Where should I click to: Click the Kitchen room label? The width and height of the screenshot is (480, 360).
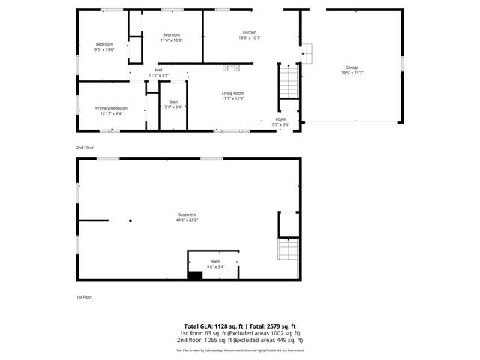(249, 32)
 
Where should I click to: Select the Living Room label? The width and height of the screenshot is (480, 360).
(232, 93)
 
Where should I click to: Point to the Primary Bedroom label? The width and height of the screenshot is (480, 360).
(111, 108)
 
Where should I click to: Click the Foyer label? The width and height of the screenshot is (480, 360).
(280, 119)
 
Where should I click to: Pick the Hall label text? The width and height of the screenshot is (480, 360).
(158, 70)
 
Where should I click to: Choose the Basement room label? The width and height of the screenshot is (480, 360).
(187, 214)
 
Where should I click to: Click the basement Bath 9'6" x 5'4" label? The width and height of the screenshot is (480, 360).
(216, 262)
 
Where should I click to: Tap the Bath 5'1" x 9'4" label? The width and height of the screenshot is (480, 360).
(173, 101)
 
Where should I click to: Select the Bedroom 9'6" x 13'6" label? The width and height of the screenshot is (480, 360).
(104, 44)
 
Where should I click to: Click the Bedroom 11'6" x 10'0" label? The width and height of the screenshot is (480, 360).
(172, 35)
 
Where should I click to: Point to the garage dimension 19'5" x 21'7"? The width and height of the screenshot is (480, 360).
(352, 73)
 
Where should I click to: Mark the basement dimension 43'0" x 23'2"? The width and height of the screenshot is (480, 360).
(187, 220)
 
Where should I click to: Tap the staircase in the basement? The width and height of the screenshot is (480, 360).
(289, 250)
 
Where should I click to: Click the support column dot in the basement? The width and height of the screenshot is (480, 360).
(130, 220)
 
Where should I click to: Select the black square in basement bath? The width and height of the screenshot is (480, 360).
(195, 275)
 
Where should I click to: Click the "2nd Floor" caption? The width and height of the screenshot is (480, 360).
(84, 148)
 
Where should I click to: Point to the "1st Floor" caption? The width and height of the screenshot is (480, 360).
(84, 297)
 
